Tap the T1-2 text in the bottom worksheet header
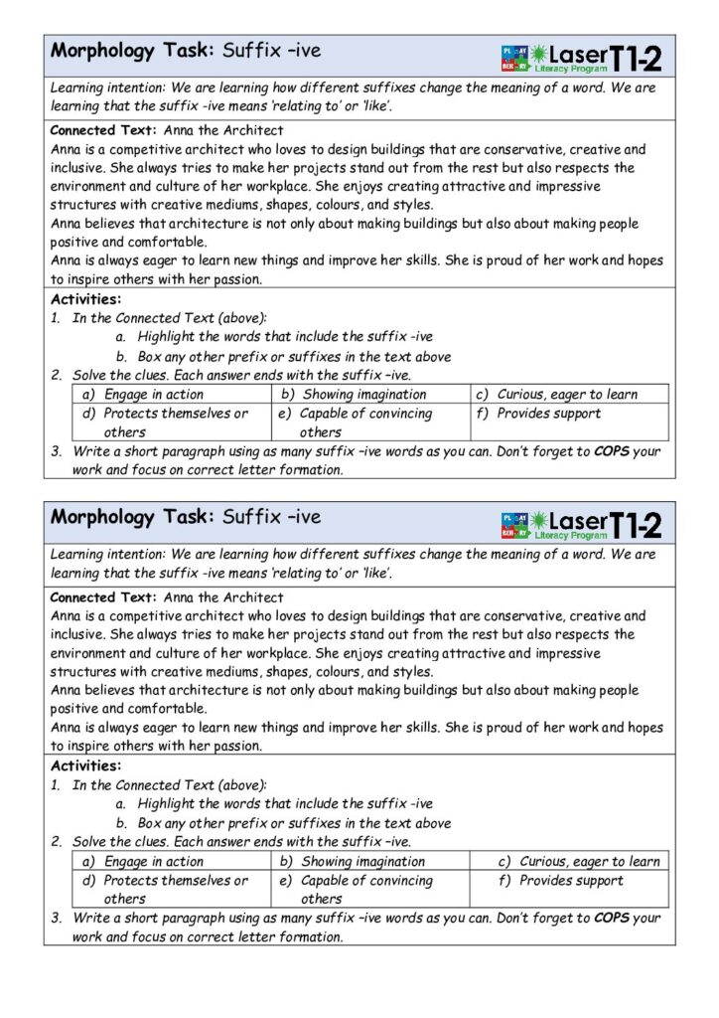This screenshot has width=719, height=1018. (x=636, y=525)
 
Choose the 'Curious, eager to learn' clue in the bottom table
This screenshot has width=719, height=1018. (x=588, y=861)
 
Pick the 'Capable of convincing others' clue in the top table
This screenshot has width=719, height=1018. (x=364, y=422)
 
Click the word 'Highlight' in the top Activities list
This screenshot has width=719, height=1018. (x=168, y=337)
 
